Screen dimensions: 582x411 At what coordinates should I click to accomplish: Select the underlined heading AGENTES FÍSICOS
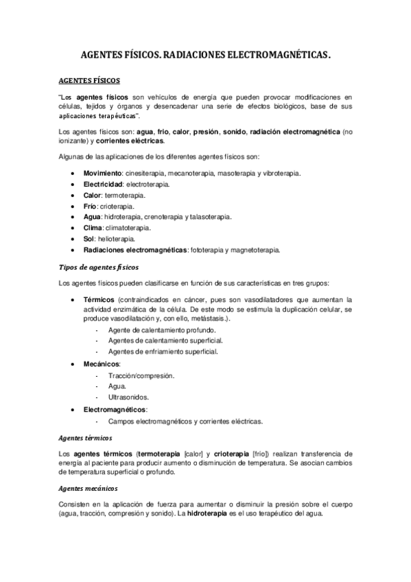coord(90,80)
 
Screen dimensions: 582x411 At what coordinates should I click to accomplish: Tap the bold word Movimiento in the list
coord(103,173)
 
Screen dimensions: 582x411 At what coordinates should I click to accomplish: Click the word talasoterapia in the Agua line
coord(209,217)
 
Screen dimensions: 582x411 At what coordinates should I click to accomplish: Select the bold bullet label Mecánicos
coord(102,363)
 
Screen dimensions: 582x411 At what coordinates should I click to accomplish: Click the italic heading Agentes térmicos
coord(86,437)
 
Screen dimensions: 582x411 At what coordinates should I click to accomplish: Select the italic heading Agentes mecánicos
coord(89,488)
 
